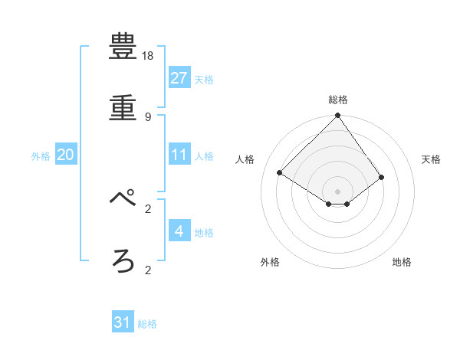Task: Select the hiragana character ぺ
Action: click(123, 199)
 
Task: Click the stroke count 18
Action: click(149, 56)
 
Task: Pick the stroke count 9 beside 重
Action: click(148, 116)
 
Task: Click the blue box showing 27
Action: click(179, 77)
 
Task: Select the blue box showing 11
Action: click(179, 155)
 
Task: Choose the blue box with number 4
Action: click(179, 231)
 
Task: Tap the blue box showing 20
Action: click(65, 155)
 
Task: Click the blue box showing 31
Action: click(123, 322)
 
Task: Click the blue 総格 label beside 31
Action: click(147, 324)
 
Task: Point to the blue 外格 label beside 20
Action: click(41, 156)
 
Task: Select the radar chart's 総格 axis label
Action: click(338, 100)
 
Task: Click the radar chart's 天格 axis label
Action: click(432, 159)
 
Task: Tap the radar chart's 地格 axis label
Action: click(402, 262)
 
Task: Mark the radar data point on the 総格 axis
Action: click(338, 116)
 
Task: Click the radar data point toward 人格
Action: click(280, 173)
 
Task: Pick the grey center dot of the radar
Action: click(338, 191)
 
